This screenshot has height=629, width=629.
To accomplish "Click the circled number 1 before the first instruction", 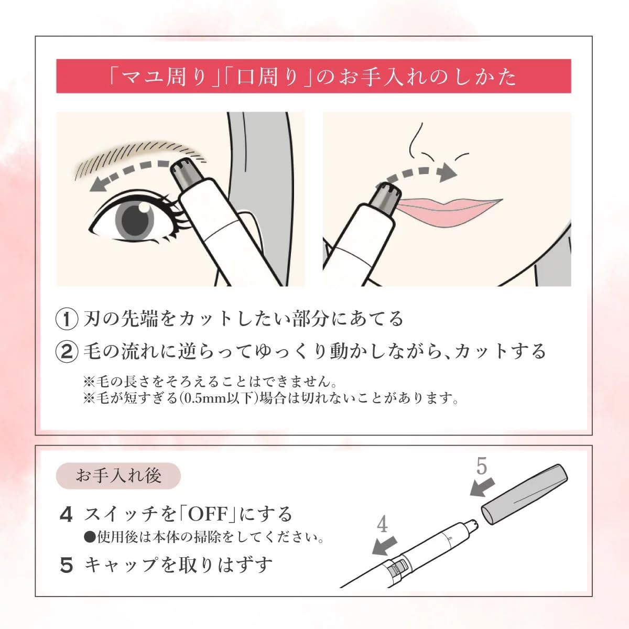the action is point(67,319).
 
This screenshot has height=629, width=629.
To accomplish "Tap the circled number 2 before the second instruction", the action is point(67,352).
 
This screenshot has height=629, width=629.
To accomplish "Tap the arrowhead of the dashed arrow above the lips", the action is point(448,172).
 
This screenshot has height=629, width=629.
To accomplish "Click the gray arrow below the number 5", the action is point(482,488).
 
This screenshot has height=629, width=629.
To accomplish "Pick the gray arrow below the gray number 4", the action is point(385,546).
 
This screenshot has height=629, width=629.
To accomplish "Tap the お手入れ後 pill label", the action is point(118,475).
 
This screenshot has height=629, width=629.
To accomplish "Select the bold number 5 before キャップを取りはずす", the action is point(66,565).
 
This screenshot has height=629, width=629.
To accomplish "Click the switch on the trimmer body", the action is point(399,569).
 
